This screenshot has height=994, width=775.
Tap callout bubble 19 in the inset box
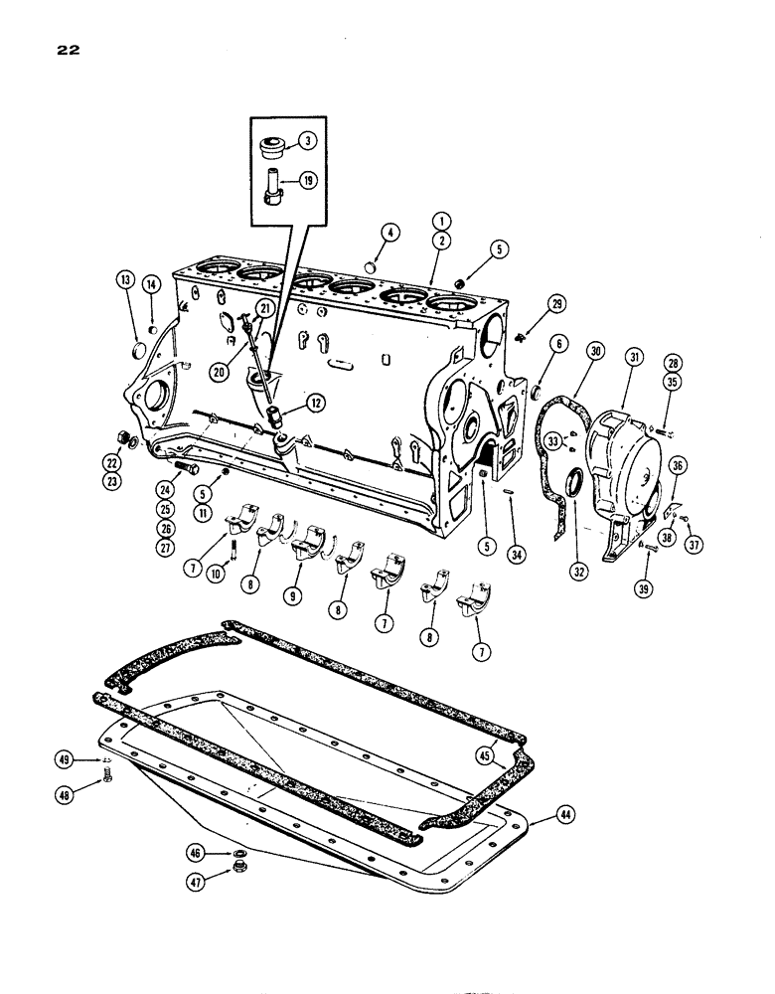310,182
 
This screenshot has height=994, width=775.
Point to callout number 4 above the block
390,234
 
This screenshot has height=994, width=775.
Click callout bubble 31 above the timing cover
632,356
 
